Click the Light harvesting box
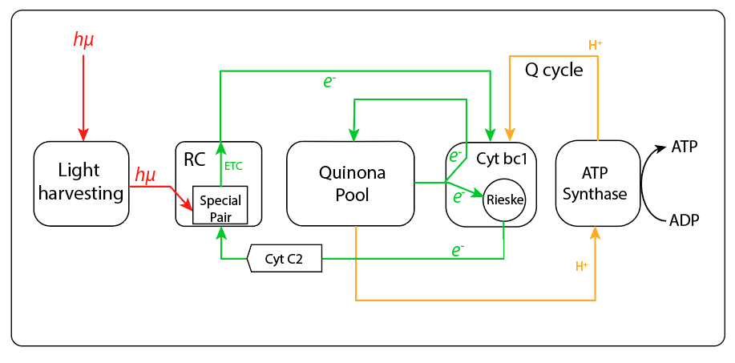click(80, 183)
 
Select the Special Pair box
click(220, 206)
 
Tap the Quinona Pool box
click(350, 183)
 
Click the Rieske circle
click(503, 200)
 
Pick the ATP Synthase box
click(595, 183)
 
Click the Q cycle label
click(554, 70)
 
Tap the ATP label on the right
click(684, 147)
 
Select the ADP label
click(684, 220)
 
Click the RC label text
click(195, 159)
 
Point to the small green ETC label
click(233, 166)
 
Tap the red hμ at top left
click(83, 40)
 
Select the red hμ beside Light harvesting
click(146, 175)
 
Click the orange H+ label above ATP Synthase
click(596, 46)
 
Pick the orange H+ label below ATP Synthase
click(582, 266)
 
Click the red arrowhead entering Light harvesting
click(83, 133)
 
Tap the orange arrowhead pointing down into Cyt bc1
click(510, 132)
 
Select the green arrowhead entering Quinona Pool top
click(353, 133)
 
